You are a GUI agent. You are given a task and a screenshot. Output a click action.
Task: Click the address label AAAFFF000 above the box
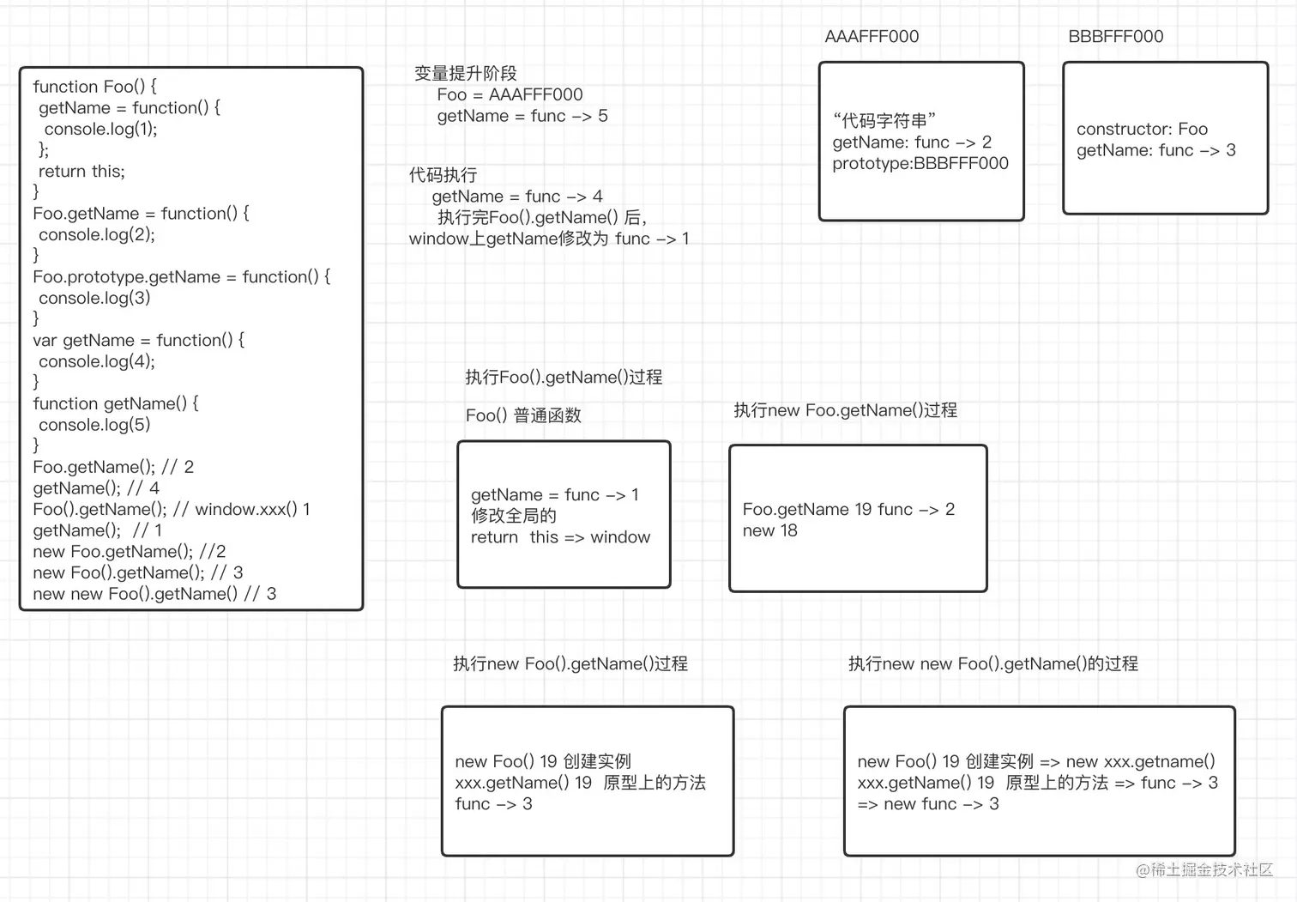pyautogui.click(x=871, y=37)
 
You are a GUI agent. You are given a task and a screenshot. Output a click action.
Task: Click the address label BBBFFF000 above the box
pyautogui.click(x=1115, y=37)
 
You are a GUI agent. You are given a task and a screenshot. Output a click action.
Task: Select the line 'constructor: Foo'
pyautogui.click(x=1142, y=130)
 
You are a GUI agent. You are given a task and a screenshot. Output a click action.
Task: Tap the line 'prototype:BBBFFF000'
pyautogui.click(x=920, y=163)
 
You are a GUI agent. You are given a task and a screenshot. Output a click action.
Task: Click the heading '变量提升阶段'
pyautogui.click(x=465, y=74)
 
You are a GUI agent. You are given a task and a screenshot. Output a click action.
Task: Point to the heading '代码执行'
pyautogui.click(x=443, y=175)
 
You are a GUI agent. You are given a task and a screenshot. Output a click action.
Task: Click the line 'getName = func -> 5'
pyautogui.click(x=522, y=116)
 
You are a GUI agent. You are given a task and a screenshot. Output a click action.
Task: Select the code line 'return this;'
pyautogui.click(x=81, y=172)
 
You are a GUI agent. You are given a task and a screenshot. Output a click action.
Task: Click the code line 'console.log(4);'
pyautogui.click(x=97, y=361)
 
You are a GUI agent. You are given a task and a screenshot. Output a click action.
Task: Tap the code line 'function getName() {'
pyautogui.click(x=115, y=403)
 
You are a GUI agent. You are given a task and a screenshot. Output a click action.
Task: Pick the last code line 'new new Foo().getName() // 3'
pyautogui.click(x=154, y=594)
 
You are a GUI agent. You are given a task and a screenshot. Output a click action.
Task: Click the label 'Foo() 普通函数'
pyautogui.click(x=523, y=415)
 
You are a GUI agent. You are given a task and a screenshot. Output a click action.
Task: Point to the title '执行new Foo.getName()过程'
pyautogui.click(x=845, y=410)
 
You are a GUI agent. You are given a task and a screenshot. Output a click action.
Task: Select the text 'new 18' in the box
pyautogui.click(x=769, y=530)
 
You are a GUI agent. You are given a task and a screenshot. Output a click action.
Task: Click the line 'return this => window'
pyautogui.click(x=560, y=537)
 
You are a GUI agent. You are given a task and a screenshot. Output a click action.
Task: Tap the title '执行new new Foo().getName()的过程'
pyautogui.click(x=992, y=663)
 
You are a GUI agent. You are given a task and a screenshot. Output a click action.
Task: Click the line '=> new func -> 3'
pyautogui.click(x=928, y=804)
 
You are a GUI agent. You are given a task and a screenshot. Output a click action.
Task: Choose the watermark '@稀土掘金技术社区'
pyautogui.click(x=1203, y=869)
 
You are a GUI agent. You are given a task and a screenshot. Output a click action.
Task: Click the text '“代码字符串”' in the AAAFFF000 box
pyautogui.click(x=884, y=121)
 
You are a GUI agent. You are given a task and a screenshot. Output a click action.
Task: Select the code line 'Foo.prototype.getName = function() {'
pyautogui.click(x=181, y=277)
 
